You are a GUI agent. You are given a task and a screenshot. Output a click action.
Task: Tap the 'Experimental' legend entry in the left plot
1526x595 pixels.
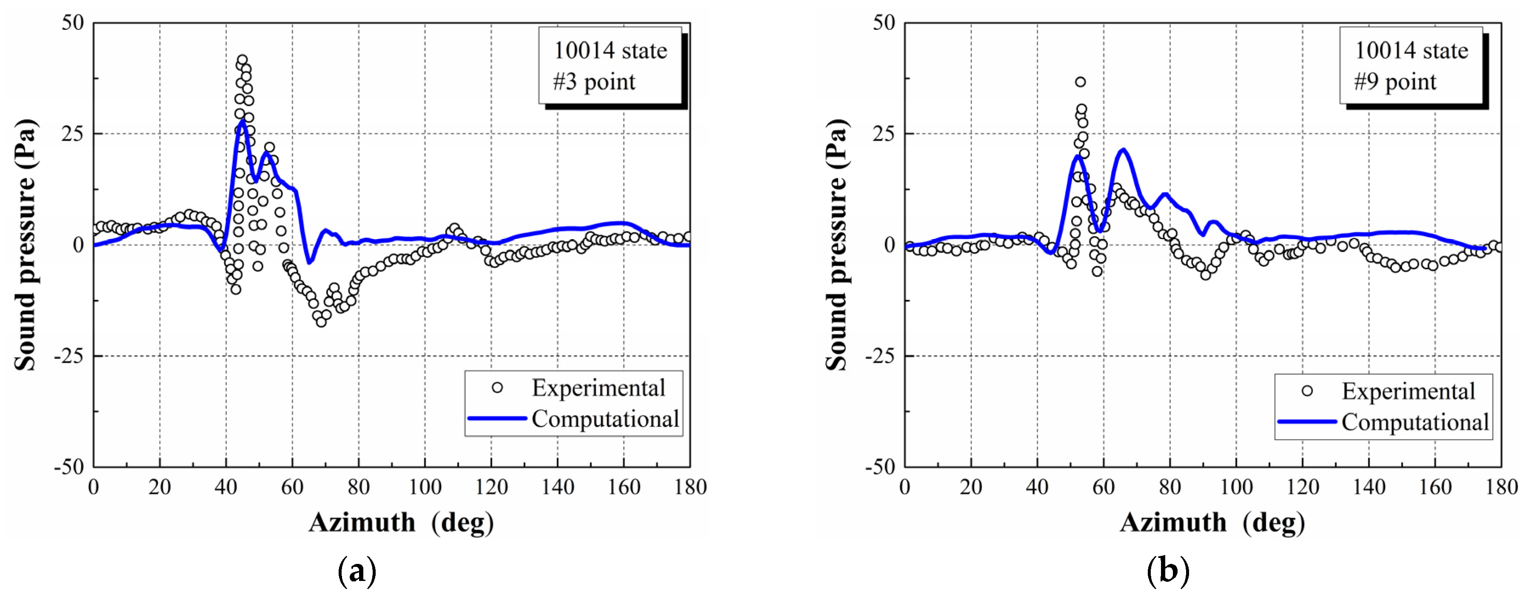598,388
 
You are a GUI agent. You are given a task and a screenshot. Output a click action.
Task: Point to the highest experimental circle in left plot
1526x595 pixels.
242,60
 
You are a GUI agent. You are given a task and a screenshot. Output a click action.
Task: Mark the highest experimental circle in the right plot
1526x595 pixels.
1081,82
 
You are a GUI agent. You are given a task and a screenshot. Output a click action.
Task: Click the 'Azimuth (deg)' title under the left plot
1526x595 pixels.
401,523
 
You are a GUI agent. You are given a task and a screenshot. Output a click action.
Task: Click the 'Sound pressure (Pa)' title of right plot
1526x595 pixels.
836,245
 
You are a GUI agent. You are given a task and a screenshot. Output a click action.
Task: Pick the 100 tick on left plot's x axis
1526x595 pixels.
425,488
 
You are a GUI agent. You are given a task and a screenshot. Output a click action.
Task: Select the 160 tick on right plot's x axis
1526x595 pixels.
1435,488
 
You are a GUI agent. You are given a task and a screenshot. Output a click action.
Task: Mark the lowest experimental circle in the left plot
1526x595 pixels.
321,322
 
